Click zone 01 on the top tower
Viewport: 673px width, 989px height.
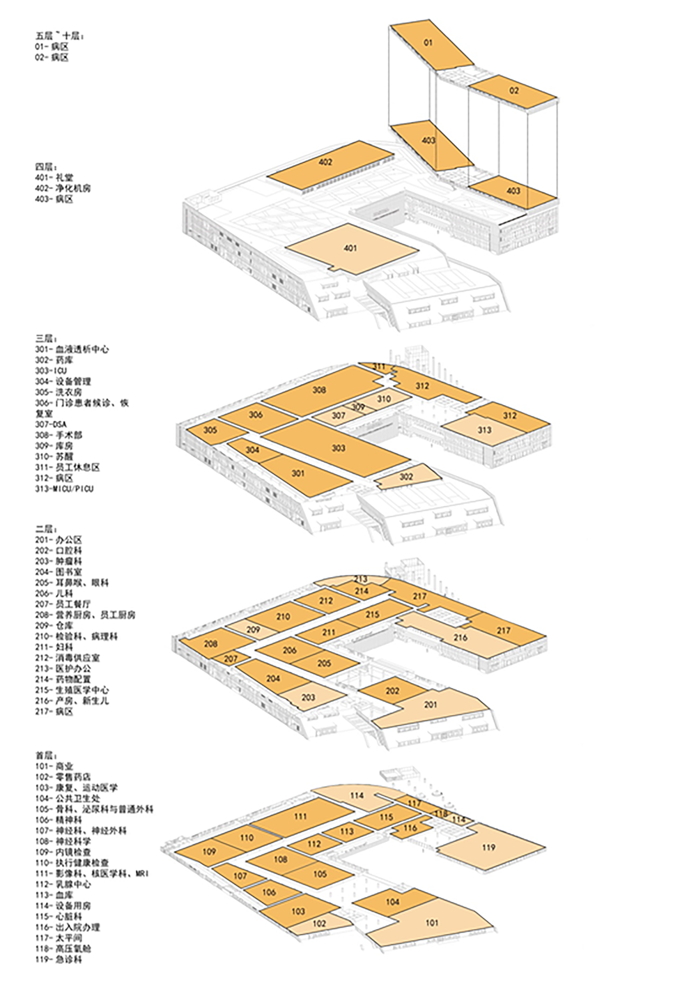click(x=428, y=43)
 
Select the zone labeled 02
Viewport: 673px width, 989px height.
click(x=514, y=91)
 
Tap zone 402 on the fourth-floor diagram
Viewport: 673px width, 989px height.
click(x=325, y=162)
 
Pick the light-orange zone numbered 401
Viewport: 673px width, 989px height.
click(x=350, y=248)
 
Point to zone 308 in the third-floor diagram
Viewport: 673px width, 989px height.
click(x=319, y=390)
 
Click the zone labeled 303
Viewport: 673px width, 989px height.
click(x=339, y=447)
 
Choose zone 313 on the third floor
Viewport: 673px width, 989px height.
click(x=484, y=430)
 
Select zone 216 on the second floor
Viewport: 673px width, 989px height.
click(x=461, y=637)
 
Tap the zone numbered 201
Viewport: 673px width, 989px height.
click(x=431, y=704)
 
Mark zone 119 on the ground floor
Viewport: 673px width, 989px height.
click(x=488, y=848)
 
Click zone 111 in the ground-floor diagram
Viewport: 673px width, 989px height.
click(x=300, y=816)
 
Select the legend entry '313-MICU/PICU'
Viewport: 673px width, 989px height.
click(x=64, y=489)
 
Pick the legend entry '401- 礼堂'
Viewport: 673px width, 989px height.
click(x=54, y=178)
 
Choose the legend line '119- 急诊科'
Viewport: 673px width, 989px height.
click(x=59, y=960)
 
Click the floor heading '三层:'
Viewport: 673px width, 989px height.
click(x=45, y=339)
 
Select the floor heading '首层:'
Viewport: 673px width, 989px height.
click(x=45, y=756)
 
